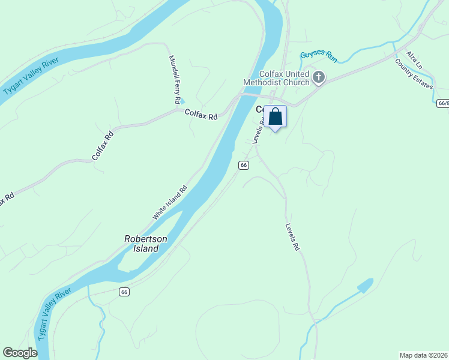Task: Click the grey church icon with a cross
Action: [319, 77]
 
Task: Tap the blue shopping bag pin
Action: [276, 116]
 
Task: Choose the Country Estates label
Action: [414, 73]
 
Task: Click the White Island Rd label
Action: [169, 202]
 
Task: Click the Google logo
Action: [20, 353]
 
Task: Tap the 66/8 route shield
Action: [443, 103]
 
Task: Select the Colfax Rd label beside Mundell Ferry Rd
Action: [200, 113]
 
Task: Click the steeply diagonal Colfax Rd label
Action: [103, 146]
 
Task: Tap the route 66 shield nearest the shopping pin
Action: [243, 165]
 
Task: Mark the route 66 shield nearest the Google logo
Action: [124, 292]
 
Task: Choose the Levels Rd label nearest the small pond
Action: [292, 237]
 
